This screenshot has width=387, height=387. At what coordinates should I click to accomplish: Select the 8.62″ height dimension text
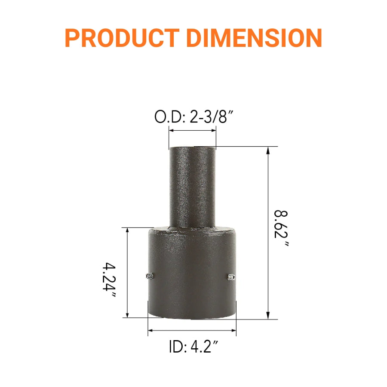282,228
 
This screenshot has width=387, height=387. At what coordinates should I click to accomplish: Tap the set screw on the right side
231,277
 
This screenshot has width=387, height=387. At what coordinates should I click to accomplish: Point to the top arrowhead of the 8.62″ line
269,150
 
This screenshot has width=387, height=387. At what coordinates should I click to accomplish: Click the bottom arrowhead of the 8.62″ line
269,316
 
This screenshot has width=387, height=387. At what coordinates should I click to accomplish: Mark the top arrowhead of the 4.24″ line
127,231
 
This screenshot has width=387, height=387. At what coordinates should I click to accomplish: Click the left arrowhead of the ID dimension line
151,331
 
